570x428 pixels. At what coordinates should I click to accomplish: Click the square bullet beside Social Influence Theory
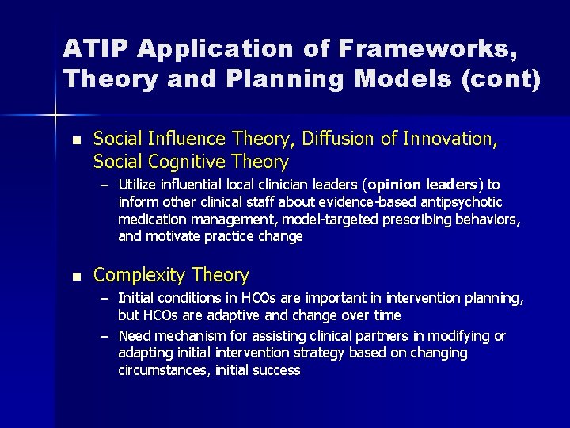[76, 140]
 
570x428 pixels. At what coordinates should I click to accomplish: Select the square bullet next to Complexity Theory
[76, 277]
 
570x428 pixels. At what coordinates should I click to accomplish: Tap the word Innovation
[450, 139]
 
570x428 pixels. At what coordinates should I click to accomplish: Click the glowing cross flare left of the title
[55, 116]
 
